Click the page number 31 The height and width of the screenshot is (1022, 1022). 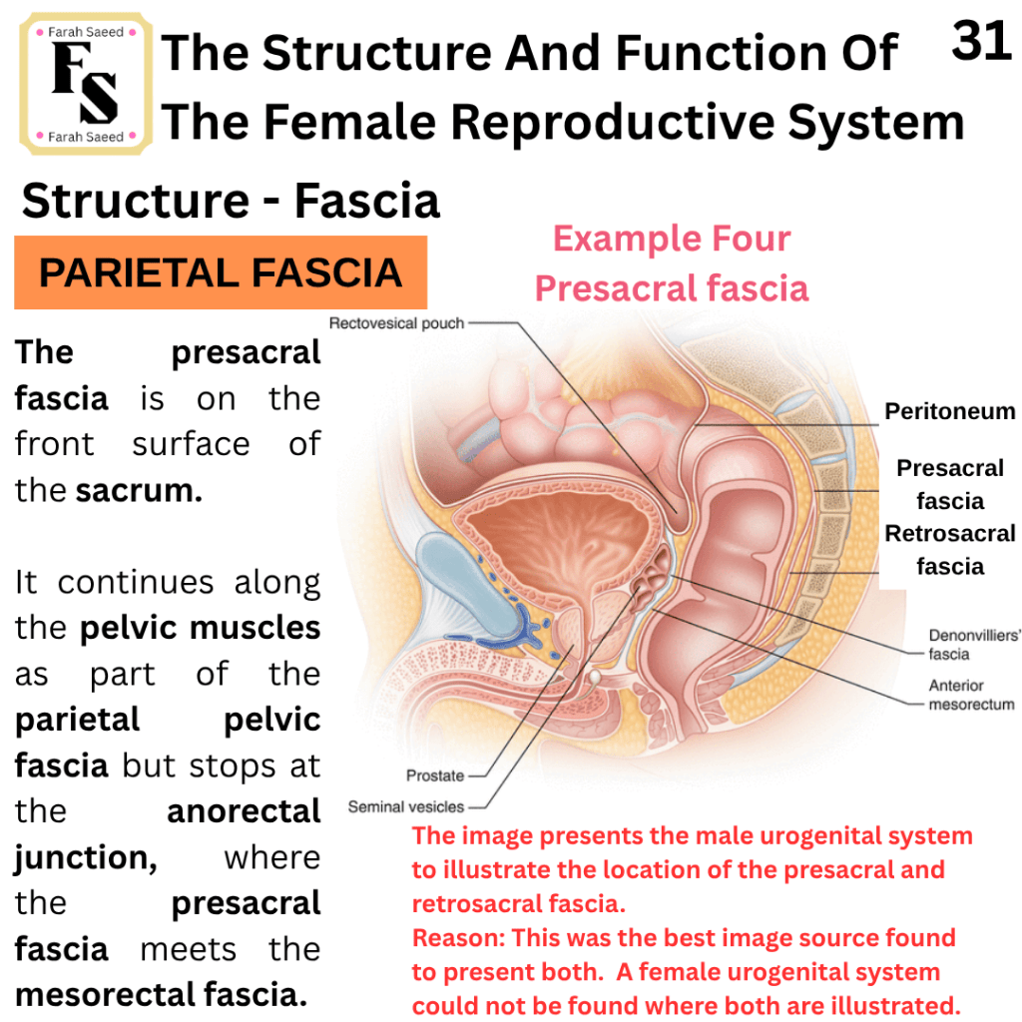click(981, 40)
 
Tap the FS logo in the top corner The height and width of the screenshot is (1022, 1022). click(86, 84)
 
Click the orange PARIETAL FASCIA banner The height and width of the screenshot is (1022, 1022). click(221, 272)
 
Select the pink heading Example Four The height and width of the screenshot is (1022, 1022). click(672, 239)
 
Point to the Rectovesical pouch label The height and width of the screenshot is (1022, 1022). click(396, 323)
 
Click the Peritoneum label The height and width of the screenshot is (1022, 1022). click(950, 411)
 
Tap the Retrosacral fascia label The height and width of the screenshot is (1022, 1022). click(950, 550)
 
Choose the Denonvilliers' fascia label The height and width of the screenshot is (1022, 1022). click(974, 645)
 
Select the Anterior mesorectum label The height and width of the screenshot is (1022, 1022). click(971, 695)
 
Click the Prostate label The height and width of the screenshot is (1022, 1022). click(435, 775)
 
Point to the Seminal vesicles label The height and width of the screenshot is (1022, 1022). click(405, 806)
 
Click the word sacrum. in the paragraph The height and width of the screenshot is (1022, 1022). click(139, 490)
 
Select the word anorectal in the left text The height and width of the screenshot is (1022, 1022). click(244, 811)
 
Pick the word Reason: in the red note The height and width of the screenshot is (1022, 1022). click(458, 938)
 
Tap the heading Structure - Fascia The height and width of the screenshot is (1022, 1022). click(231, 200)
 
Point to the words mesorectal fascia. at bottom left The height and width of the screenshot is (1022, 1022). click(161, 995)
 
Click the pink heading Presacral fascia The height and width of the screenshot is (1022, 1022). click(672, 288)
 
